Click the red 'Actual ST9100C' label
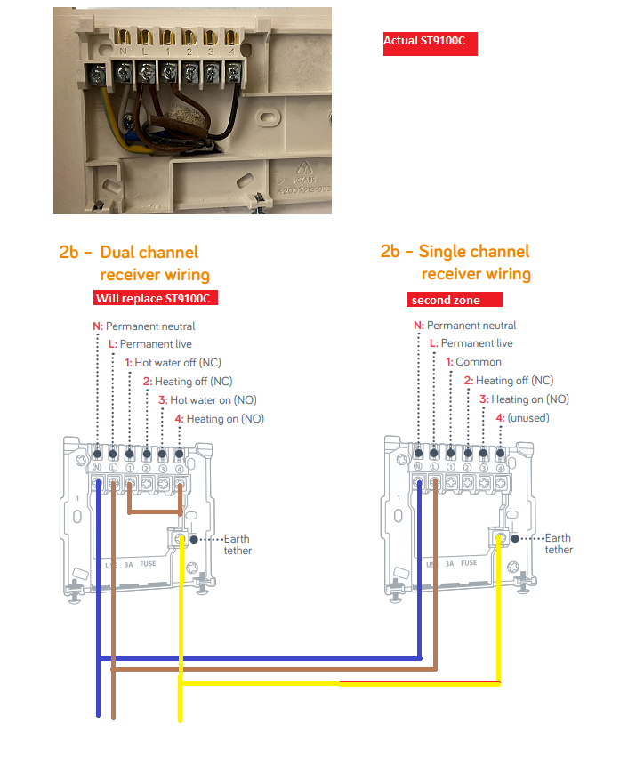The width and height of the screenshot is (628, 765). pyautogui.click(x=431, y=42)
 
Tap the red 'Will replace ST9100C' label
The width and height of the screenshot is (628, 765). pyautogui.click(x=157, y=298)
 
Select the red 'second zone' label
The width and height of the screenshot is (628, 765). pyautogui.click(x=455, y=301)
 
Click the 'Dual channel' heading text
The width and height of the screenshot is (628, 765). pyautogui.click(x=149, y=253)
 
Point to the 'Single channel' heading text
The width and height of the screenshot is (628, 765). pyautogui.click(x=474, y=252)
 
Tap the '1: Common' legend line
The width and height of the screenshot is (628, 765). pyautogui.click(x=473, y=362)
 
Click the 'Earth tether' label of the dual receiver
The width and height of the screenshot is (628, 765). pyautogui.click(x=238, y=544)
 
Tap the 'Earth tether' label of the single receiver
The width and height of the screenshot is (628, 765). pyautogui.click(x=559, y=544)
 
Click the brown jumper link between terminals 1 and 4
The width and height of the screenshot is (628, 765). pyautogui.click(x=156, y=512)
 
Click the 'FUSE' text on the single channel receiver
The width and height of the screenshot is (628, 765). pyautogui.click(x=469, y=563)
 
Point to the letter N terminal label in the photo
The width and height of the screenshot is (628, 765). pyautogui.click(x=123, y=52)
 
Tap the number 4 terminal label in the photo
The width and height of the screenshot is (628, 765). pyautogui.click(x=231, y=52)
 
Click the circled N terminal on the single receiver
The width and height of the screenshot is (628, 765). pyautogui.click(x=418, y=466)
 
